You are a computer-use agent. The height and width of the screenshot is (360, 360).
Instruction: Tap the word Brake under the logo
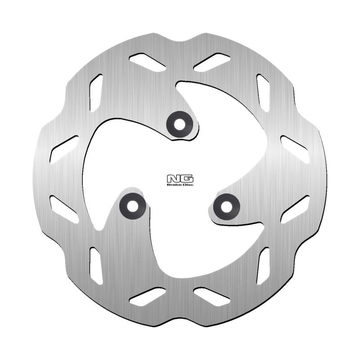click(174, 184)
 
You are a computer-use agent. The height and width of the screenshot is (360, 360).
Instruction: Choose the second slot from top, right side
click(263, 92)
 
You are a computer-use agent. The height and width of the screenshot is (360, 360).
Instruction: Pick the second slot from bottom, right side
click(263, 265)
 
